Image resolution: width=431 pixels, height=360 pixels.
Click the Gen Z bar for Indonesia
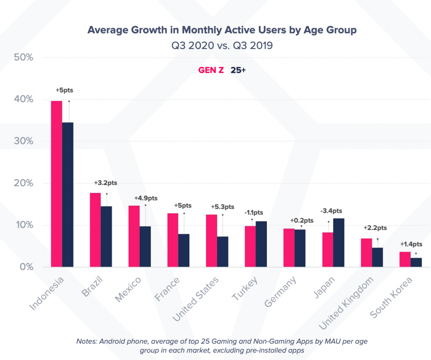coord(56,184)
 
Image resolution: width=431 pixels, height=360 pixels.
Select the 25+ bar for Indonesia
coord(68,194)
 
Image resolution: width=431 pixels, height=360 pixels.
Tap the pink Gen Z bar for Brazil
coord(95,230)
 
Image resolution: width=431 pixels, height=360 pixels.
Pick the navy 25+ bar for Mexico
coord(145,246)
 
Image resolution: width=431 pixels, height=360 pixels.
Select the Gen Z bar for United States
coord(211,241)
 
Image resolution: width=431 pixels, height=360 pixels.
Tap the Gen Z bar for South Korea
coord(405,259)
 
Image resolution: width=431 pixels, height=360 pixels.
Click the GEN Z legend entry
coord(211,71)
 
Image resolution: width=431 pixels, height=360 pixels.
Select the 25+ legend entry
coord(238,71)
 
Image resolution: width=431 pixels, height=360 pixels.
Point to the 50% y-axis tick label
coord(24,57)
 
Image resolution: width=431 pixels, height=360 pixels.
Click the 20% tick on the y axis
coord(24,183)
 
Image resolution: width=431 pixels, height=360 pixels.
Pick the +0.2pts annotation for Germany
coord(302,220)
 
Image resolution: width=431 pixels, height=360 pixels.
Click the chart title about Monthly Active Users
coord(215,30)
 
